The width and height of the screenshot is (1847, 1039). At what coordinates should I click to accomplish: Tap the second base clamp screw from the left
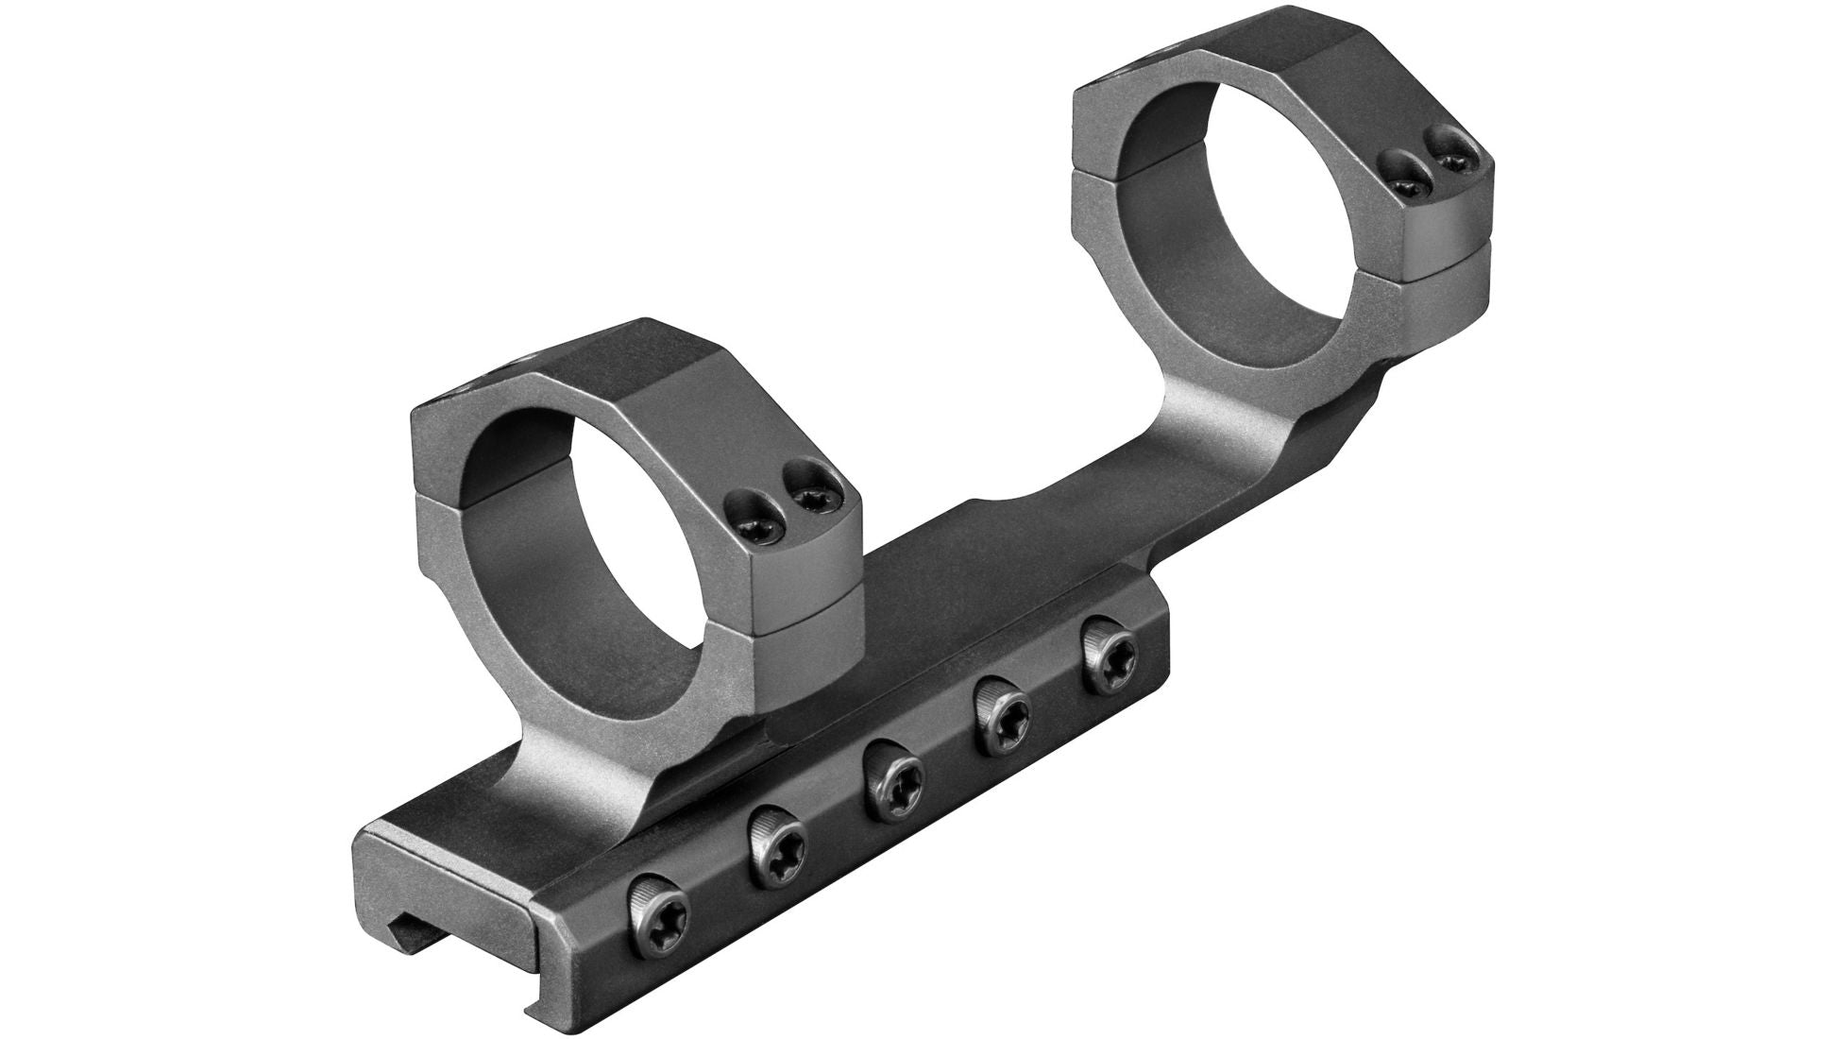pos(777,835)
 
